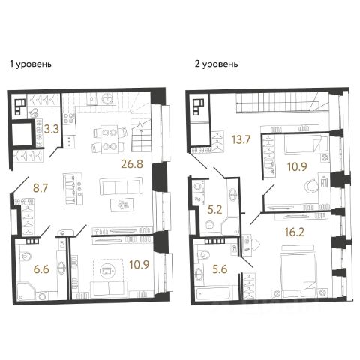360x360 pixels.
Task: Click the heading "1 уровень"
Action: click(31, 64)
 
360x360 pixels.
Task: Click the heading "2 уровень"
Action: click(216, 64)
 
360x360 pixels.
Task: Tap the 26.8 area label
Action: click(132, 164)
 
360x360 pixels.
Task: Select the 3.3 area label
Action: click(51, 129)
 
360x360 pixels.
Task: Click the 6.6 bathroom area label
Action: click(41, 270)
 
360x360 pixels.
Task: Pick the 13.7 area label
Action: click(241, 139)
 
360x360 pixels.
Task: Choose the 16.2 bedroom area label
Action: click(295, 232)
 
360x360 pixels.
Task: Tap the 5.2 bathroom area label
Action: click(215, 210)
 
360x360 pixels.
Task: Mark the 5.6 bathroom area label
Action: click(220, 269)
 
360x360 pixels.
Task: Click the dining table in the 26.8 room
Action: click(109, 139)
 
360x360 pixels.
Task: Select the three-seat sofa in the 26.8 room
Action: click(121, 187)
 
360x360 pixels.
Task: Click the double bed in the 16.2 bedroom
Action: click(298, 271)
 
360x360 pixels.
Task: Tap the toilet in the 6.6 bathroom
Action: click(25, 256)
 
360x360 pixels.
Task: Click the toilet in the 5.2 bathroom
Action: click(209, 226)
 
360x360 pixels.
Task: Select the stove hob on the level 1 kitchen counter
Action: click(70, 118)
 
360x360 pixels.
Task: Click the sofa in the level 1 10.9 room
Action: click(109, 289)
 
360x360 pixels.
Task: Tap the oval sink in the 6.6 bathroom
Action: click(61, 268)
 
